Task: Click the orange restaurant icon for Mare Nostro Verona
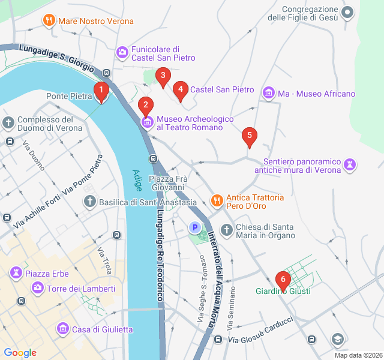pos(49,21)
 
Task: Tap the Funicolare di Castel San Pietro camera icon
pos(122,53)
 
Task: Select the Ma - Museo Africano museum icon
pos(268,93)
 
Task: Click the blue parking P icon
pos(194,227)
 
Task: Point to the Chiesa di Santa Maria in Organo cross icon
pos(226,230)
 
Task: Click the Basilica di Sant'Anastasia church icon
pos(89,202)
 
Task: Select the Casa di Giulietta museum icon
pos(62,329)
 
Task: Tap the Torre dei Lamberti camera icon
pos(38,289)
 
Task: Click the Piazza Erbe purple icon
pos(15,274)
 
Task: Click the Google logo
pos(20,353)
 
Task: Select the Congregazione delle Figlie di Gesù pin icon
pos(347,12)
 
